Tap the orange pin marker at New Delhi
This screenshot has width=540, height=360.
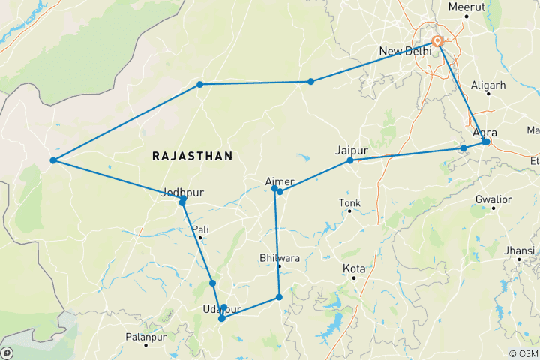click(437, 41)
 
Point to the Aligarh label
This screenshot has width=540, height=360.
click(487, 85)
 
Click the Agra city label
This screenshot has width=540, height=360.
click(485, 132)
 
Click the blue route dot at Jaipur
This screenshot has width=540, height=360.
click(350, 160)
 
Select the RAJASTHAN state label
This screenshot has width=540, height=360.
click(192, 156)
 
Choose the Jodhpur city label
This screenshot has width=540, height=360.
click(183, 193)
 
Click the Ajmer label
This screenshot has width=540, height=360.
click(280, 181)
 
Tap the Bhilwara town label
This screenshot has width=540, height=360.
click(278, 258)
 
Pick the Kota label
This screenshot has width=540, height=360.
click(354, 268)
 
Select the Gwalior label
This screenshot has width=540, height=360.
click(493, 199)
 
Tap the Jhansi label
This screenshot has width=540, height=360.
click(520, 250)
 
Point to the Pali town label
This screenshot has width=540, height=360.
click(200, 229)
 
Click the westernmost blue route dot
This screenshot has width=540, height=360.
click(52, 160)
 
